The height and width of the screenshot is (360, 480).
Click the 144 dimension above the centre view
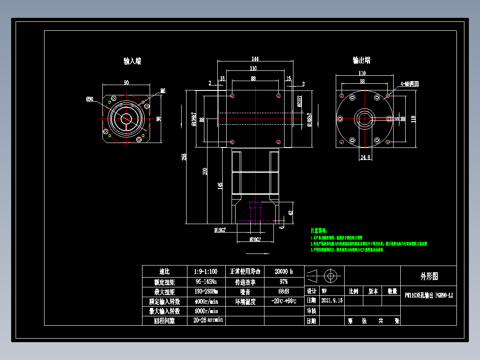(x=255, y=58)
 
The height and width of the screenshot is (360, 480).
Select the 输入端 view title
(x=132, y=61)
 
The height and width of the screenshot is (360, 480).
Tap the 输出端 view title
(x=362, y=60)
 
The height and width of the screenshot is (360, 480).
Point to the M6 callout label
(x=163, y=91)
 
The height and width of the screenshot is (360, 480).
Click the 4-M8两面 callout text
(x=409, y=84)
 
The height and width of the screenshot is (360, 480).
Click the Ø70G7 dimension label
(x=255, y=239)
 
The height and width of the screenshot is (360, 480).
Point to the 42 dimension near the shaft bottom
(x=291, y=213)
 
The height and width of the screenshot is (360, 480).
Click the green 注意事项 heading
(x=319, y=230)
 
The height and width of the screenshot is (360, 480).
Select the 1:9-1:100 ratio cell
(x=207, y=271)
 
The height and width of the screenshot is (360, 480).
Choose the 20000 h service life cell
(x=284, y=271)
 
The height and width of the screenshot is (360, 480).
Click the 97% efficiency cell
(x=284, y=282)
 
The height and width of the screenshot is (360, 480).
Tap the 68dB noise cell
(x=284, y=291)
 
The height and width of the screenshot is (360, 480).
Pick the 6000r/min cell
(x=207, y=311)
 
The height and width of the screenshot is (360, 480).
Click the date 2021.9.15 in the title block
(x=332, y=301)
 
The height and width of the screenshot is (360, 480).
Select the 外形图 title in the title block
(x=429, y=276)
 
